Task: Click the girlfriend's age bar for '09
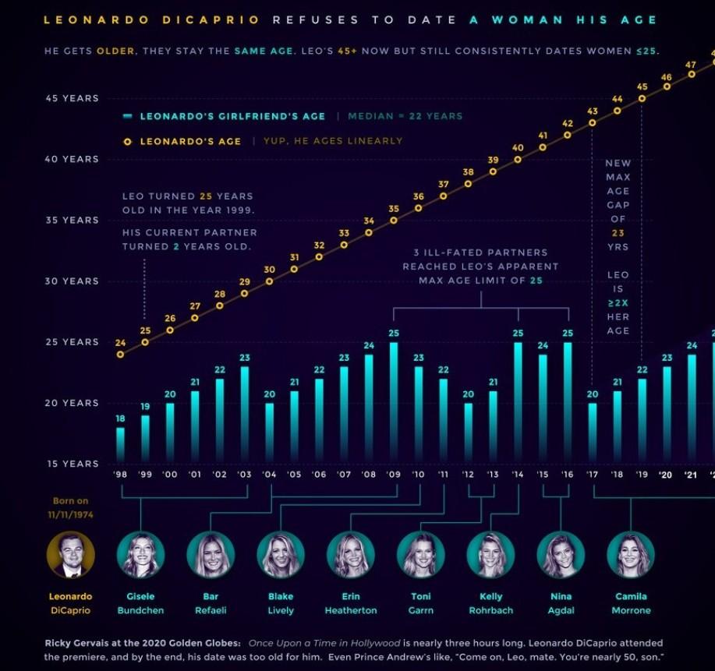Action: (394, 401)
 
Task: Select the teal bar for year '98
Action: (120, 443)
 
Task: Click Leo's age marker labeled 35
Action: (394, 221)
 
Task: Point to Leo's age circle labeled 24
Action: (120, 355)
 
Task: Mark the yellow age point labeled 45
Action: (642, 99)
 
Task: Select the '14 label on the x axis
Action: (518, 475)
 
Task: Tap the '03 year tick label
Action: (244, 475)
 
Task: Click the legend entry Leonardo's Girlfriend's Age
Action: (232, 116)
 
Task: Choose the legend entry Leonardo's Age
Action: (191, 141)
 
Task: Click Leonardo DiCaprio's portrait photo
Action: (71, 555)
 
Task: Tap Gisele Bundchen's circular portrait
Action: (141, 555)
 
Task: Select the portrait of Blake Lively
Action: (281, 555)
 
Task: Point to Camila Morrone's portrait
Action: (631, 555)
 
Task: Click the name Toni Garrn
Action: (421, 603)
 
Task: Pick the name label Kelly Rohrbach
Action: (491, 603)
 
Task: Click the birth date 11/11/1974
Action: (71, 515)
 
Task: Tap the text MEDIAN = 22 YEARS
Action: (405, 116)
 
